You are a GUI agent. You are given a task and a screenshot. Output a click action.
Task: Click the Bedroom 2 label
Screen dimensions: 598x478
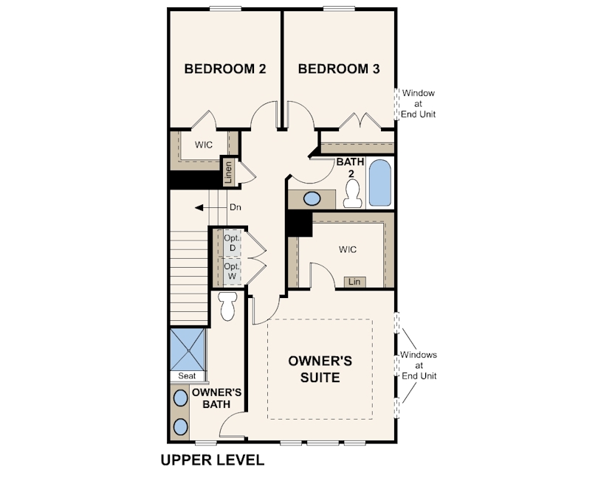(225, 69)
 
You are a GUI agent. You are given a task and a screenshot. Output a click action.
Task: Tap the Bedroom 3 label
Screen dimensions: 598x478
(339, 69)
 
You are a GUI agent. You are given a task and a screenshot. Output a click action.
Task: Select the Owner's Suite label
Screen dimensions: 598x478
(320, 369)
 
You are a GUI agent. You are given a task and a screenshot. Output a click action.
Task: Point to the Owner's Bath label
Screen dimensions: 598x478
(216, 398)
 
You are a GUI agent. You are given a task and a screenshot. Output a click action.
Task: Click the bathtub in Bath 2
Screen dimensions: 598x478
(380, 183)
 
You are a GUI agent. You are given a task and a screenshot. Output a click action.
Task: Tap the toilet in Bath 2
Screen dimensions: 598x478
(352, 194)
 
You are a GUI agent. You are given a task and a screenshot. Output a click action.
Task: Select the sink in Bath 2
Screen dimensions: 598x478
(312, 198)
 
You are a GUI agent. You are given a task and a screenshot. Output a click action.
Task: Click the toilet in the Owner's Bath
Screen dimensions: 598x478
(228, 306)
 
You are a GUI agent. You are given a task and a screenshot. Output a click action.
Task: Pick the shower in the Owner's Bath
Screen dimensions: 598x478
(188, 350)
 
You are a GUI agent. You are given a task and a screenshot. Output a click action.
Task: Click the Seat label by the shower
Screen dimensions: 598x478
(187, 376)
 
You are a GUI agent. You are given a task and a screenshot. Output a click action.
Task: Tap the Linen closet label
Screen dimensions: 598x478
(228, 173)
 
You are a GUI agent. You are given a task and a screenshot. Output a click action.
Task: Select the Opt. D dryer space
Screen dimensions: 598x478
(232, 243)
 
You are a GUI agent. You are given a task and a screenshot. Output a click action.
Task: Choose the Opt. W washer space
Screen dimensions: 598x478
(232, 271)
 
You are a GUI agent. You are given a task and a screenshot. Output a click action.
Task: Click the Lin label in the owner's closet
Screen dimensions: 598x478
(354, 282)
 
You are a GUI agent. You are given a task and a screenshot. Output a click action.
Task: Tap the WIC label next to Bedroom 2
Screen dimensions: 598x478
(204, 145)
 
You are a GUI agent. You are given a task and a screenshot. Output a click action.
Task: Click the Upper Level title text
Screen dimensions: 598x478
(213, 460)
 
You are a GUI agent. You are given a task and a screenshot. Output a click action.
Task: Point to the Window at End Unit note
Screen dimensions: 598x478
(418, 104)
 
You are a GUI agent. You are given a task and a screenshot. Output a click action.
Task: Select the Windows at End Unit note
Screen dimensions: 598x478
(419, 365)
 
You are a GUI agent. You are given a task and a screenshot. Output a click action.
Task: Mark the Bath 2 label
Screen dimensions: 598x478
(350, 167)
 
